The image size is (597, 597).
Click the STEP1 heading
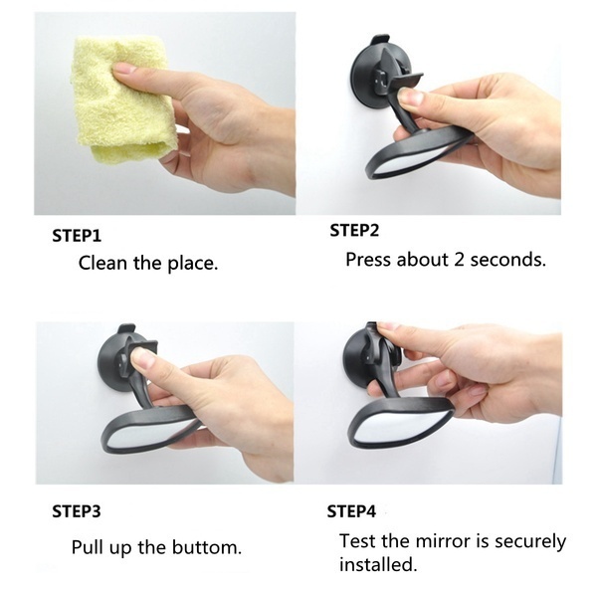tap(77, 236)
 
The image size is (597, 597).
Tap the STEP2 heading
tap(354, 231)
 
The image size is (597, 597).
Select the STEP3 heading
tap(77, 511)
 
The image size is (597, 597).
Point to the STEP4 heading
tap(351, 511)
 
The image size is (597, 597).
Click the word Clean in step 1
tap(102, 263)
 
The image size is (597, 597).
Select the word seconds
tap(507, 260)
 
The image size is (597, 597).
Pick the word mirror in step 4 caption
tap(444, 541)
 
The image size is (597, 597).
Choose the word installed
tap(378, 564)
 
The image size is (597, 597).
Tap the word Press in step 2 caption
tap(368, 260)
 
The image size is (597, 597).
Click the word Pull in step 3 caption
tap(88, 547)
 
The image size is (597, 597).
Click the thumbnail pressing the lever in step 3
tap(141, 357)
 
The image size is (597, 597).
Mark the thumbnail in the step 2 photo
tap(410, 97)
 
